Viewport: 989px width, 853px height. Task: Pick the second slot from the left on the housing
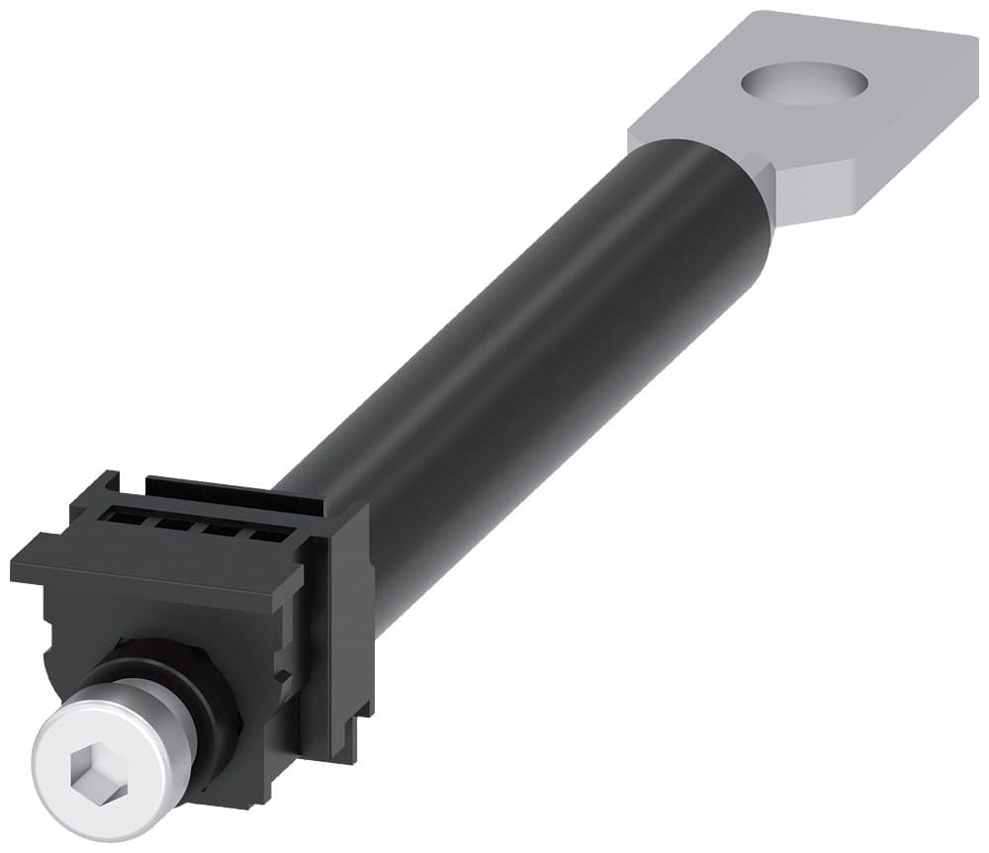pyautogui.click(x=181, y=523)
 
